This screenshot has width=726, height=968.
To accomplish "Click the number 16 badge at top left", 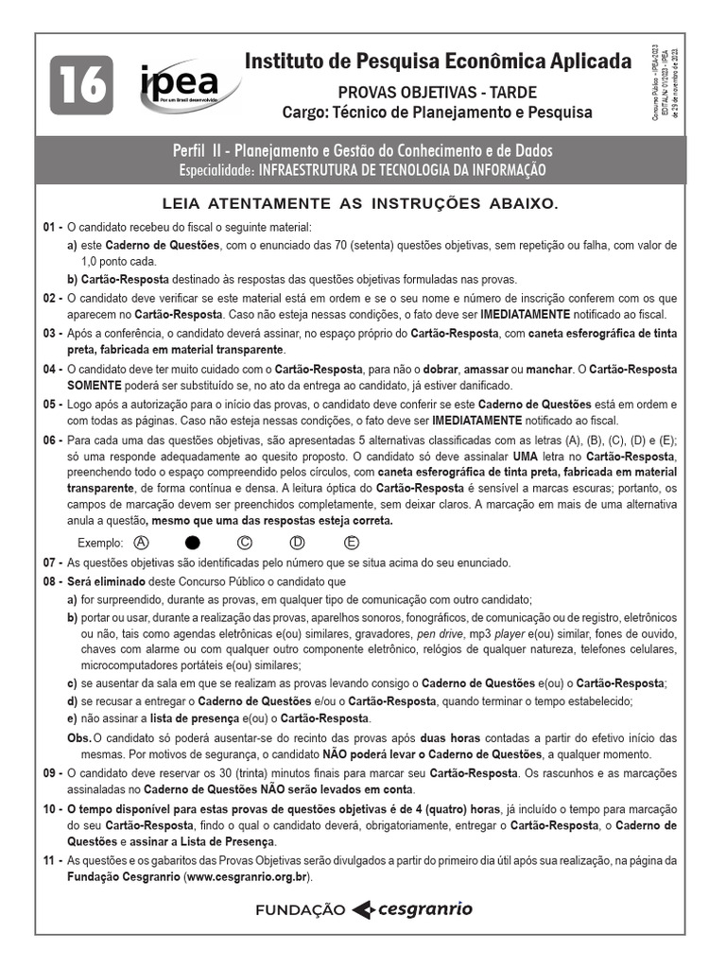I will click(83, 85).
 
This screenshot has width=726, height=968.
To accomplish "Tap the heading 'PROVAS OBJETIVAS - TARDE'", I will click(438, 92).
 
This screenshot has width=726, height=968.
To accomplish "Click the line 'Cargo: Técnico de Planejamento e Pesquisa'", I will click(438, 112).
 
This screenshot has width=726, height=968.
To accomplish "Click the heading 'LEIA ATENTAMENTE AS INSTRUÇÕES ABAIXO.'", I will click(361, 203).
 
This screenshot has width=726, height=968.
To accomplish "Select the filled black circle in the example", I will click(193, 543).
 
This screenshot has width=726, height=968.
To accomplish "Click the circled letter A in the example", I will click(143, 543).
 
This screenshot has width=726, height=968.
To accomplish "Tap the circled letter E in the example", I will click(352, 543).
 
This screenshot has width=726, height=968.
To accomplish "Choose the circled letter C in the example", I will click(245, 543).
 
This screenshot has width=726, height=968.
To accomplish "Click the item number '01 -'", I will click(52, 228).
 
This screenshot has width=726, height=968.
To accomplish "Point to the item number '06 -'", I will click(52, 441).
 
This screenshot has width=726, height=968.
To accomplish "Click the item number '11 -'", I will click(52, 861).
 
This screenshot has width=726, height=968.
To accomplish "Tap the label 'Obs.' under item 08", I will click(78, 738).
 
